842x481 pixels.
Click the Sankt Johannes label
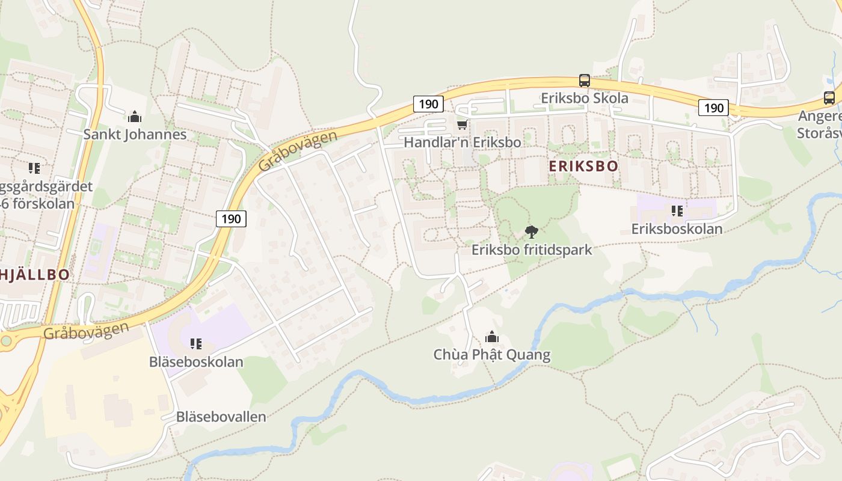[135, 134]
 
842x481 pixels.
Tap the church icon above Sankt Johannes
[135, 117]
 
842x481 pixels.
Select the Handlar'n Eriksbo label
[462, 142]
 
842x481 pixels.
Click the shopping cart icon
[462, 124]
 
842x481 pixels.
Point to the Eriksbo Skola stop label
[584, 98]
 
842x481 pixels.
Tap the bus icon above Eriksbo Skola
[584, 80]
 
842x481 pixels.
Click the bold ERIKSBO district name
[583, 167]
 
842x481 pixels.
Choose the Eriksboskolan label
[677, 229]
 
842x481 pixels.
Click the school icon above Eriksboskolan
[677, 211]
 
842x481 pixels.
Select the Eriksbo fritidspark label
[532, 250]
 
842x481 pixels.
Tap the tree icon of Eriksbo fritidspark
[531, 231]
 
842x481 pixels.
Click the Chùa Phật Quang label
[491, 355]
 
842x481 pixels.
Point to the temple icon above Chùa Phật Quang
[492, 337]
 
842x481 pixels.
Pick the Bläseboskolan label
[196, 362]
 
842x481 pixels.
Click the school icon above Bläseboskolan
[195, 344]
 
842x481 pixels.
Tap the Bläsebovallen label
[221, 417]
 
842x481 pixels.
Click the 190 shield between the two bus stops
[713, 108]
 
